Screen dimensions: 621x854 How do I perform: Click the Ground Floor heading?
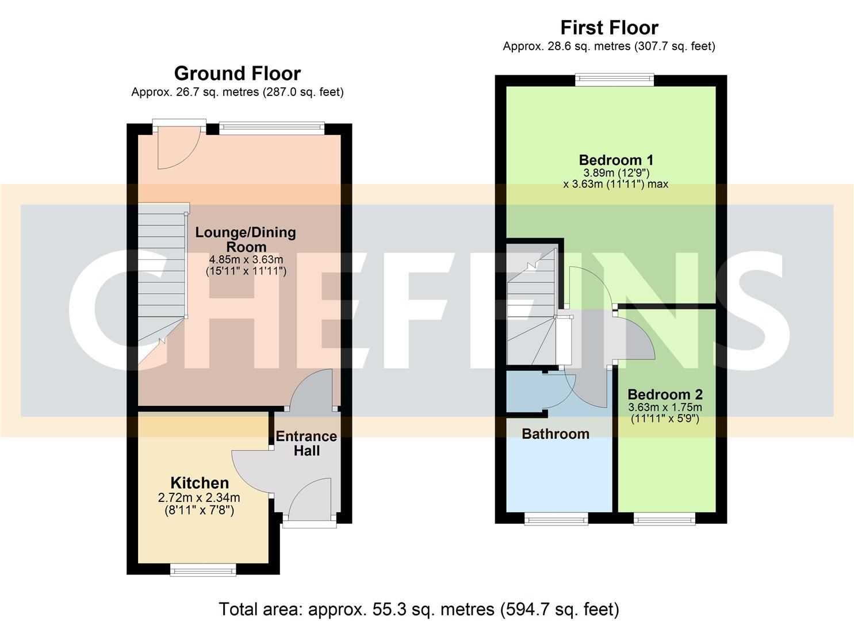coord(237,74)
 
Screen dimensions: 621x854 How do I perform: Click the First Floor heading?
coord(609,28)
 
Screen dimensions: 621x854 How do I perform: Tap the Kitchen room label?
coord(200,483)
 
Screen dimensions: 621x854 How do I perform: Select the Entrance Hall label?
coord(307,443)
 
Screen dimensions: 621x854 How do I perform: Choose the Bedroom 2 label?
coord(665,394)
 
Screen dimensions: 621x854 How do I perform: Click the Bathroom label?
coord(556,434)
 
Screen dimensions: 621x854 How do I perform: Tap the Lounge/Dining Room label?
coord(246,239)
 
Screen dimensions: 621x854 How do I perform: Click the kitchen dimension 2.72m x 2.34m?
coord(199,498)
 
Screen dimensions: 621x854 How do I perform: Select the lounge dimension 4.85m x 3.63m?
coord(246,259)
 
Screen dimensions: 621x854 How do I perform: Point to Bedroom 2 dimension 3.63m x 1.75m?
coord(665,408)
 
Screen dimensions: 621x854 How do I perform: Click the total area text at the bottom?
coord(419,609)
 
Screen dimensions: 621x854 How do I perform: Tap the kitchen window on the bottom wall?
coord(203,569)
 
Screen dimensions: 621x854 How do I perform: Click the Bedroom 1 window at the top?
coord(615,80)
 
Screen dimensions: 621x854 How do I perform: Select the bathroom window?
coord(556,519)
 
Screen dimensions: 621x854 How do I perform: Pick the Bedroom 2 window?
coord(664,519)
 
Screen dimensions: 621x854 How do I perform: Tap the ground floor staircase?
coord(161,282)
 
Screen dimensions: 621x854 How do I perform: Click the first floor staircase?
coord(532,310)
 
